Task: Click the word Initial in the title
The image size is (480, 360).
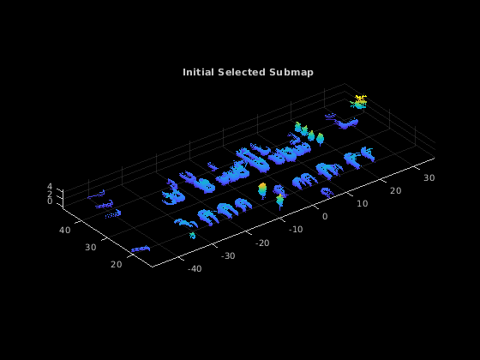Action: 198,72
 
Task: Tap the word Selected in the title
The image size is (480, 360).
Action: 242,72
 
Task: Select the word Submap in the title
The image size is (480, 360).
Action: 291,73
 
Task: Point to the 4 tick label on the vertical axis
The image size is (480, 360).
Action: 50,187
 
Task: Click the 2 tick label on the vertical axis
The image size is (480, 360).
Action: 50,194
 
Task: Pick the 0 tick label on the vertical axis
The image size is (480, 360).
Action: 50,201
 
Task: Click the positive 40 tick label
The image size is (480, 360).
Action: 64,230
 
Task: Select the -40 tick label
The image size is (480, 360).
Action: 195,269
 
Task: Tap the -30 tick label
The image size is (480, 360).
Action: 228,256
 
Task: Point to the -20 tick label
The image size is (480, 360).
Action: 262,243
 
